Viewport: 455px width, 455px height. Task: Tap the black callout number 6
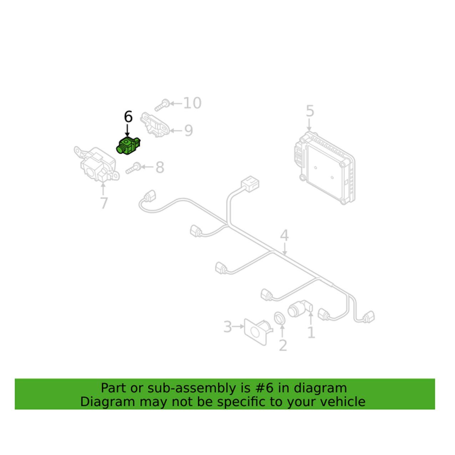pos(128,117)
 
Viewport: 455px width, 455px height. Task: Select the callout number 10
pos(192,103)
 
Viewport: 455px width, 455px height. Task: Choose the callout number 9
pos(188,131)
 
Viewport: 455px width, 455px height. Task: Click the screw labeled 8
pos(134,168)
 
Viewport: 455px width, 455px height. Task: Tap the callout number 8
pos(160,167)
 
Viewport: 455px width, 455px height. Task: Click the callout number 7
pos(104,203)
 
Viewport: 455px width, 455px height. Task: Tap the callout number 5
pos(310,111)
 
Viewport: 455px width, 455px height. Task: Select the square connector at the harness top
pos(250,184)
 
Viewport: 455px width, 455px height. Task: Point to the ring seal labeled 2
pos(280,317)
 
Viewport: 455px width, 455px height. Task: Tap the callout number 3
pos(228,327)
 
